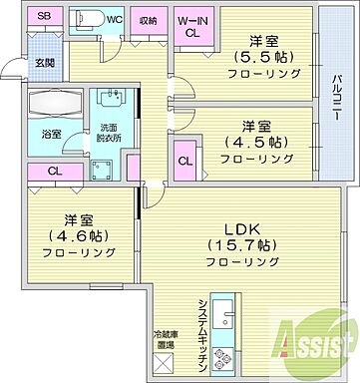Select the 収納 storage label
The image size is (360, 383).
pyautogui.click(x=148, y=19)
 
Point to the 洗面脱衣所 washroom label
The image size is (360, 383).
pyautogui.click(x=108, y=134)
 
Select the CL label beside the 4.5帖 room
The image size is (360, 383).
pyautogui.click(x=185, y=161)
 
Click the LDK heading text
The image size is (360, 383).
pyautogui.click(x=241, y=225)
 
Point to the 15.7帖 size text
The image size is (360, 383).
pyautogui.click(x=241, y=243)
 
